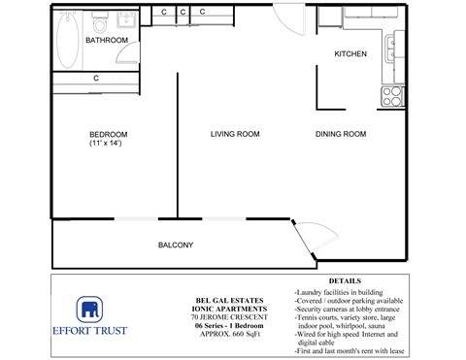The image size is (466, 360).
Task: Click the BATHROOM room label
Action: [107, 40]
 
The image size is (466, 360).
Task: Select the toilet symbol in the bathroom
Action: [99, 19]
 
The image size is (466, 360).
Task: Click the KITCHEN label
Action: [350, 54]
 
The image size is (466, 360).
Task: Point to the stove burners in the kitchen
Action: [393, 96]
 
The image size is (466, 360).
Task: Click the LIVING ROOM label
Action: [235, 134]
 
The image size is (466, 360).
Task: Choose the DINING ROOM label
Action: [340, 134]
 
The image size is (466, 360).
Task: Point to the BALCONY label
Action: [176, 245]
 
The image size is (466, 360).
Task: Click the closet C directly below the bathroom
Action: [96, 79]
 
